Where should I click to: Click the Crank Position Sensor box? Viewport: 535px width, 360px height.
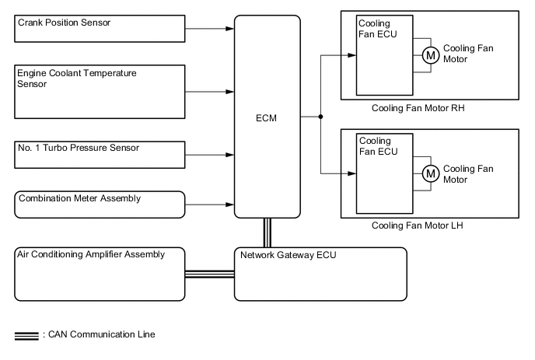(100, 30)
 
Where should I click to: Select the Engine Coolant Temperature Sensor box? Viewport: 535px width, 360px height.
(100, 91)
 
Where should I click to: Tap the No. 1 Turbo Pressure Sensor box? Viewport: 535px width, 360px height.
(100, 154)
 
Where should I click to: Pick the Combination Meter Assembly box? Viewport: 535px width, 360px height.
(100, 204)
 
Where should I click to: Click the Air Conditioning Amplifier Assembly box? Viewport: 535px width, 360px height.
(100, 273)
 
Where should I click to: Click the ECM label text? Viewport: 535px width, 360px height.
(267, 118)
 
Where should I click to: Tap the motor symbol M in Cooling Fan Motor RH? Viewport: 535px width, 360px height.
(430, 55)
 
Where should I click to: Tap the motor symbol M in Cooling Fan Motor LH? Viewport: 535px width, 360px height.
(430, 173)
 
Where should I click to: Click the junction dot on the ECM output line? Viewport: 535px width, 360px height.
(320, 117)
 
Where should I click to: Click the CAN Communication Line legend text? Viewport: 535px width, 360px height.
(101, 335)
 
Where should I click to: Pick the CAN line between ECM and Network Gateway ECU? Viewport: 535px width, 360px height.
(267, 232)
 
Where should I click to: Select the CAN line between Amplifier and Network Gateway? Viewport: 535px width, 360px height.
(209, 273)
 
